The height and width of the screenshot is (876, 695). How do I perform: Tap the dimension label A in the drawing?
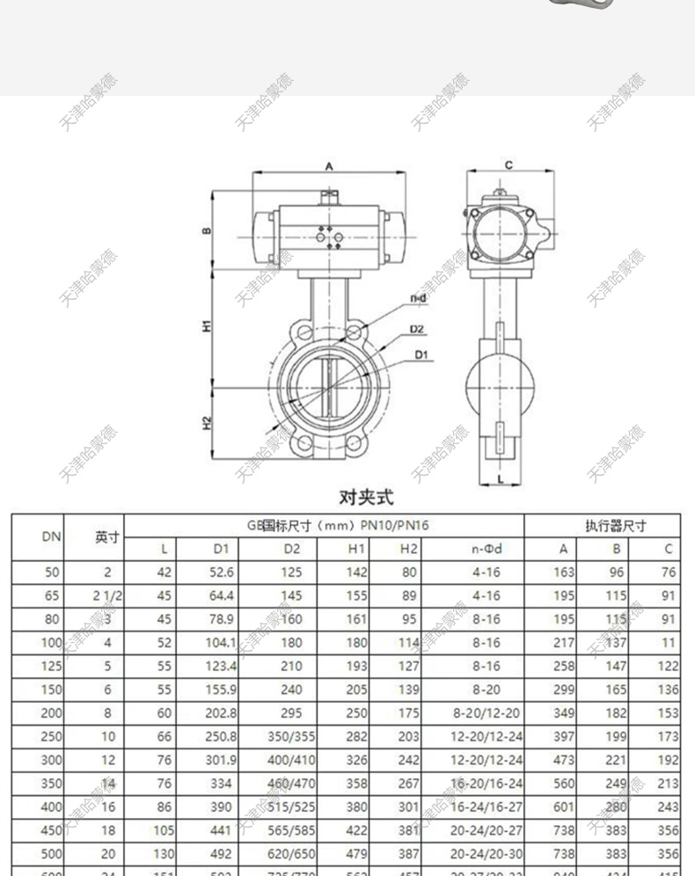(329, 165)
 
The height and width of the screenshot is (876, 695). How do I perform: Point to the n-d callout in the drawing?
(418, 299)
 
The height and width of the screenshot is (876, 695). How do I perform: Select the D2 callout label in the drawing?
(417, 329)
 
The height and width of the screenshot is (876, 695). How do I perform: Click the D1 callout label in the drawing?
(421, 354)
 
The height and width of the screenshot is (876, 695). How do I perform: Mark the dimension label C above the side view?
(508, 165)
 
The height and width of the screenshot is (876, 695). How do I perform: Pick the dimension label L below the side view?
(500, 479)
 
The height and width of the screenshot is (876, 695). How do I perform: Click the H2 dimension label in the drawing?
(207, 421)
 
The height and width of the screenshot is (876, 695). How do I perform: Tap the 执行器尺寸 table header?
(615, 526)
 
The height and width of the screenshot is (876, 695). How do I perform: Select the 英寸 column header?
(107, 537)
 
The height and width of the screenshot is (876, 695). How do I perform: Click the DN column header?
(52, 536)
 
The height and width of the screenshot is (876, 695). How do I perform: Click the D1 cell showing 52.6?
(223, 572)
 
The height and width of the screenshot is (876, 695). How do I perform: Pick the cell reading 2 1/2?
(107, 595)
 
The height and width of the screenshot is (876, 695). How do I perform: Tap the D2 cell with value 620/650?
(290, 853)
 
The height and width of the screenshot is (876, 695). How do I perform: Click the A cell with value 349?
(563, 713)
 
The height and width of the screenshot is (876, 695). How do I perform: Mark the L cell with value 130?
(162, 853)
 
